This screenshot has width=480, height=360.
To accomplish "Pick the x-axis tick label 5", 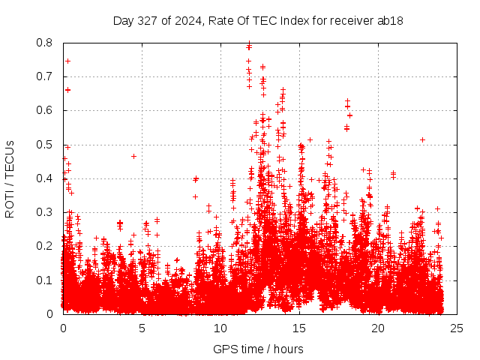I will [x=142, y=328].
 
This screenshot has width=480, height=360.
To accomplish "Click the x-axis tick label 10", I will [x=220, y=328].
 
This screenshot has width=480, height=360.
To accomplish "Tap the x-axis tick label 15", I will [x=299, y=328].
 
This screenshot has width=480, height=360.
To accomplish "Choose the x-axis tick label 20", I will [x=378, y=328].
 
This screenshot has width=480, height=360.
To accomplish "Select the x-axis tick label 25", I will [x=457, y=328].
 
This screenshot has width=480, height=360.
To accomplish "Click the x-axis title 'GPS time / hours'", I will [x=258, y=349].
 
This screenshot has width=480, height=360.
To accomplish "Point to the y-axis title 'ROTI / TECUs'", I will [x=10, y=179].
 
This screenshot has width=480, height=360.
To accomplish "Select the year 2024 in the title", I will [x=184, y=21].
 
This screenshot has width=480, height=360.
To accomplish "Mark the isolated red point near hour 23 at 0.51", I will [x=423, y=139].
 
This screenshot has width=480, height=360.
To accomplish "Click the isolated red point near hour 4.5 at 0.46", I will [x=133, y=156].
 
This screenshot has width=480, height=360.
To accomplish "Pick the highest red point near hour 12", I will [x=249, y=43].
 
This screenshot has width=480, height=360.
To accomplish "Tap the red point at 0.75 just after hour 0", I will [x=67, y=61].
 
